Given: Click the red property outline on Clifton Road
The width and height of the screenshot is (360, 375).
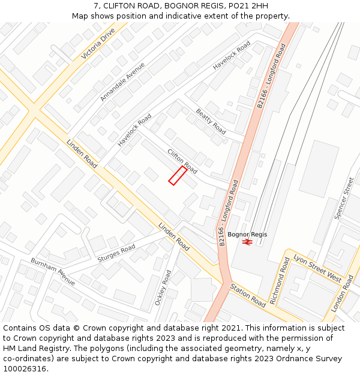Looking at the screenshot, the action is pos(178,175).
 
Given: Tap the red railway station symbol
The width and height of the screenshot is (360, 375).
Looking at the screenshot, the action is pos(247,241).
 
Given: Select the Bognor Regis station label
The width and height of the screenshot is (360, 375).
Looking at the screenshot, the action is pos(247,234).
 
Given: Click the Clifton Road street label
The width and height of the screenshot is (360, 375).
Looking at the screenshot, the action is pos(182,160).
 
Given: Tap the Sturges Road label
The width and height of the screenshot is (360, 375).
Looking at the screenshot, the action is pos(116,254).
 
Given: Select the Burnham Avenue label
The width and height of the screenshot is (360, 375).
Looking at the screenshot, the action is pos(53,271).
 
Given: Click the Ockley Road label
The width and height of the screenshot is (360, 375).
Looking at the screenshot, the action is pos(163,287).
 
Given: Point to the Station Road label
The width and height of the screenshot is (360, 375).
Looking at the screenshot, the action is pos(248,295).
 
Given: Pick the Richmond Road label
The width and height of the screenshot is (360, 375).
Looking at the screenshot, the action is pos(280,281).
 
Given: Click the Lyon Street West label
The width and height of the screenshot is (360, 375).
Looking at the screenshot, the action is pos(317,268).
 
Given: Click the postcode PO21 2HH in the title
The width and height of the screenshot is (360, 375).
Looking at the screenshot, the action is pos(248,6).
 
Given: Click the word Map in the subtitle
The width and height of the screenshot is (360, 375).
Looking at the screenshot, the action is pos(80,16).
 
